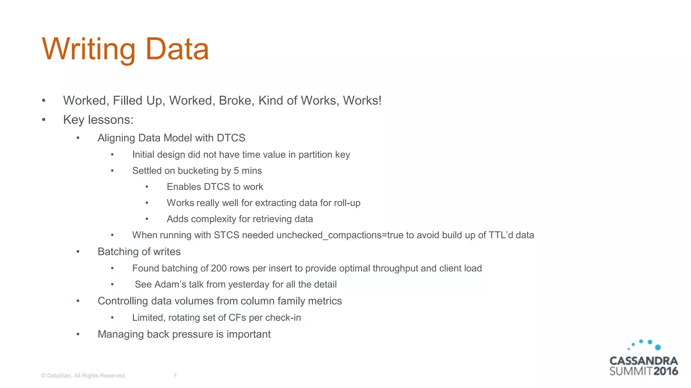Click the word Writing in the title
click(x=88, y=49)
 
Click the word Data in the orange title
click(x=177, y=49)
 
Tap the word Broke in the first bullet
click(x=236, y=101)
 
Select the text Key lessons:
click(x=98, y=120)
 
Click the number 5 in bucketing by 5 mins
click(x=236, y=171)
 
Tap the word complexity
click(x=213, y=219)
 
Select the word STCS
click(x=226, y=235)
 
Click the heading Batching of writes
click(x=139, y=252)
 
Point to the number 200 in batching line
click(x=219, y=268)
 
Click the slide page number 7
click(x=175, y=376)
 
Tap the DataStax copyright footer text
click(x=83, y=376)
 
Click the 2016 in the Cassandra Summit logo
click(x=665, y=371)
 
